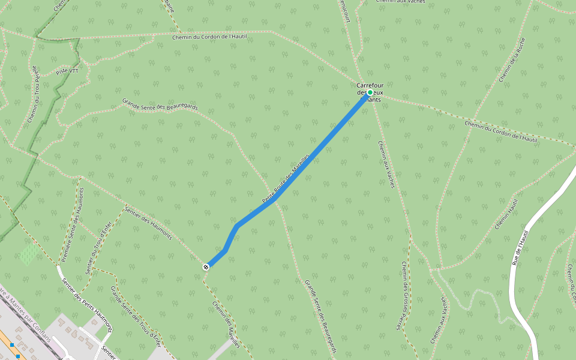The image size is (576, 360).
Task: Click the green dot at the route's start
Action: (370, 92)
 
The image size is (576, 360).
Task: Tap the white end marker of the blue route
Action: (206, 266)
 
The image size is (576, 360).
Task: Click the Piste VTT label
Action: (67, 71)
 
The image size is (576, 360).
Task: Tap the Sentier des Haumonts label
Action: (148, 223)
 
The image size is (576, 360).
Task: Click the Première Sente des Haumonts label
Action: (73, 225)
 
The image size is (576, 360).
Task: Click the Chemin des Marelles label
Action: (226, 323)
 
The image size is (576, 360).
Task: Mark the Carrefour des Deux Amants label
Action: (370, 92)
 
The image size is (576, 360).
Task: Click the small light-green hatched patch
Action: (28, 254)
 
